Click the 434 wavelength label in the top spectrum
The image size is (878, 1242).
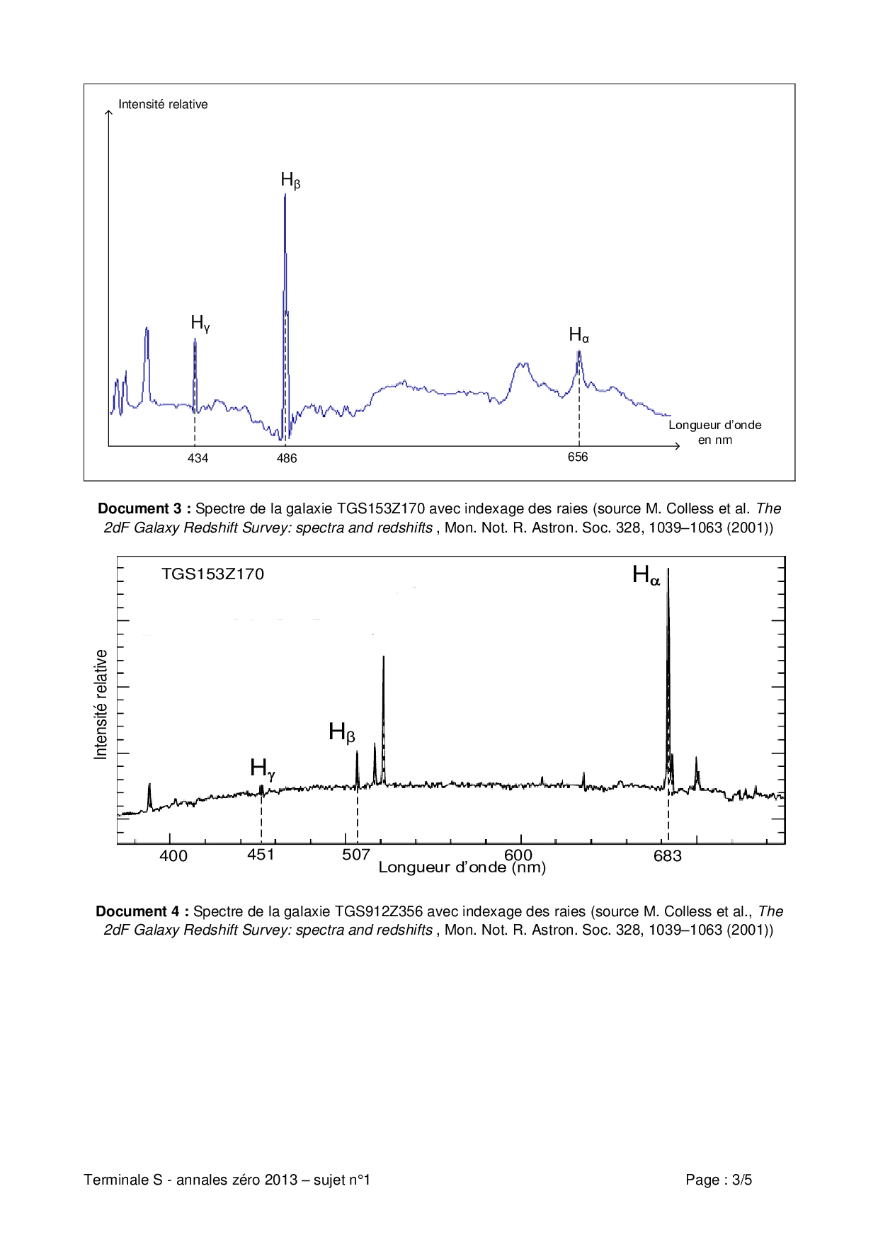tap(198, 458)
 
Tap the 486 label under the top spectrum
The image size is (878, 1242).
tap(287, 458)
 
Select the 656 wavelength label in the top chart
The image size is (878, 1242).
tap(578, 457)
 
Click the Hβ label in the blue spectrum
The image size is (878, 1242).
tap(290, 181)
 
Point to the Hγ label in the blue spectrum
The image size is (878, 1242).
tap(200, 324)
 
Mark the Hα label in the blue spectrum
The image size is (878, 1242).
tap(578, 335)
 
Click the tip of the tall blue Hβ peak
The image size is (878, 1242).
tap(285, 195)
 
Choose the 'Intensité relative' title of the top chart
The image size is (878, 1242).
tap(163, 104)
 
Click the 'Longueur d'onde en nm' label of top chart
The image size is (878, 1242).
tap(714, 432)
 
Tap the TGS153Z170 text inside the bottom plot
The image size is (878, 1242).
tap(212, 574)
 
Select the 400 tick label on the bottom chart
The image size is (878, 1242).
tap(173, 855)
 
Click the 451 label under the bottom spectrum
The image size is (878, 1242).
tap(261, 854)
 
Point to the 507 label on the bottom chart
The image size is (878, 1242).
tap(356, 854)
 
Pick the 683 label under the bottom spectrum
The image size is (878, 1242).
tap(667, 855)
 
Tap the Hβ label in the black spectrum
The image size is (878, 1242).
tap(341, 732)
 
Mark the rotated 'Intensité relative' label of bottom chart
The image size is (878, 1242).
tap(101, 705)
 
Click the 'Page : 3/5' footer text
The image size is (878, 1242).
tap(718, 1180)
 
